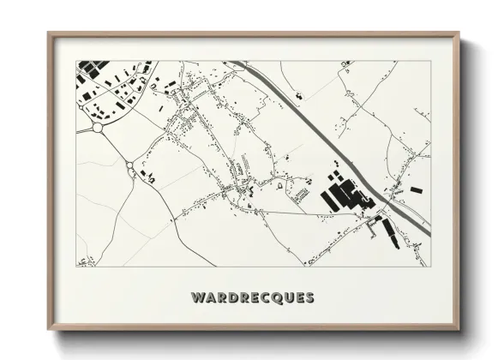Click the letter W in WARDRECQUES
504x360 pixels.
[197, 298]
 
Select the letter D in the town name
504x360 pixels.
[227, 298]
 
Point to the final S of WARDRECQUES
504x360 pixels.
[309, 298]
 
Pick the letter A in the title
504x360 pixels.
[208, 298]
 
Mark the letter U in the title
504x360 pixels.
[286, 298]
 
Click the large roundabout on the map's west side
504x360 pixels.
[97, 128]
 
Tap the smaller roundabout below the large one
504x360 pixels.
[130, 166]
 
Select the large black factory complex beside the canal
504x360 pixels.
[340, 194]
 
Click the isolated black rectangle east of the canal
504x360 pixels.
[416, 189]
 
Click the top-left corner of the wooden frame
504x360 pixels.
[49, 33]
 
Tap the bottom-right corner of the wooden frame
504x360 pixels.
[459, 330]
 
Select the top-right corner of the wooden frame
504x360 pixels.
[459, 33]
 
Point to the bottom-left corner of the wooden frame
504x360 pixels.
[49, 330]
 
